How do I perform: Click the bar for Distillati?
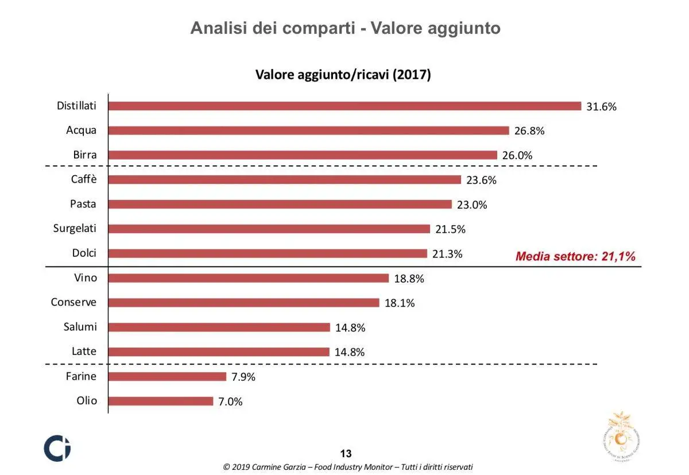click(344, 106)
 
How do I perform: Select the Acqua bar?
click(308, 130)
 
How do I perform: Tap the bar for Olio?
click(160, 401)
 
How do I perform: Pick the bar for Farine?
click(167, 377)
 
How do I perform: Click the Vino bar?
click(248, 279)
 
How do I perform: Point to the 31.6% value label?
click(601, 106)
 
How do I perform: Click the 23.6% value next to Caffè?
click(481, 180)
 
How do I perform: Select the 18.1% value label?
click(400, 303)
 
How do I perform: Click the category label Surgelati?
click(75, 229)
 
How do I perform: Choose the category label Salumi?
click(80, 327)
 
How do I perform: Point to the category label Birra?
click(84, 155)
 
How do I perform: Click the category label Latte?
click(84, 352)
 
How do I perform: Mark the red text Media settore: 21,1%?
click(575, 257)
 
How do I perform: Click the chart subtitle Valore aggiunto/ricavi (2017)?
click(343, 75)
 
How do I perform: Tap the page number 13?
click(346, 453)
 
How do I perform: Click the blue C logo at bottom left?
click(57, 447)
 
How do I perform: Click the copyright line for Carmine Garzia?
click(348, 467)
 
